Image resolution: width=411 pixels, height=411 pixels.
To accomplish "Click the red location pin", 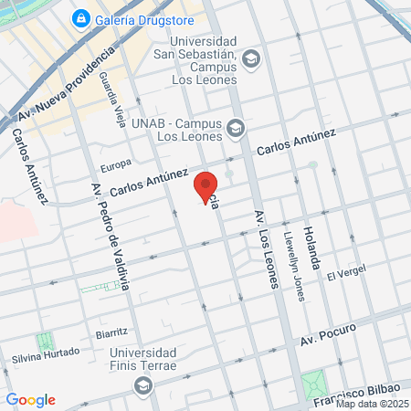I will pyautogui.click(x=206, y=186).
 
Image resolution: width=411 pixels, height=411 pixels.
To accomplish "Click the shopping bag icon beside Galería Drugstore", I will pyautogui.click(x=81, y=18).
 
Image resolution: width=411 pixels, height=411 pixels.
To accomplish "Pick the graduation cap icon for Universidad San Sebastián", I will pyautogui.click(x=252, y=60).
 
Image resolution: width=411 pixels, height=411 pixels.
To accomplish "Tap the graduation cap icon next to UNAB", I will pyautogui.click(x=237, y=129).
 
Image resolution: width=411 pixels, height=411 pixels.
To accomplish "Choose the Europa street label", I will pyautogui.click(x=116, y=165).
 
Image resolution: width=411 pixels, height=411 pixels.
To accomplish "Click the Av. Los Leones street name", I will pyautogui.click(x=265, y=248).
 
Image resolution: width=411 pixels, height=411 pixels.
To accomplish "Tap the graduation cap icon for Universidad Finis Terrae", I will pyautogui.click(x=142, y=386).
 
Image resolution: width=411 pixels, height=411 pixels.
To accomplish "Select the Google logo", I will pyautogui.click(x=30, y=400).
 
